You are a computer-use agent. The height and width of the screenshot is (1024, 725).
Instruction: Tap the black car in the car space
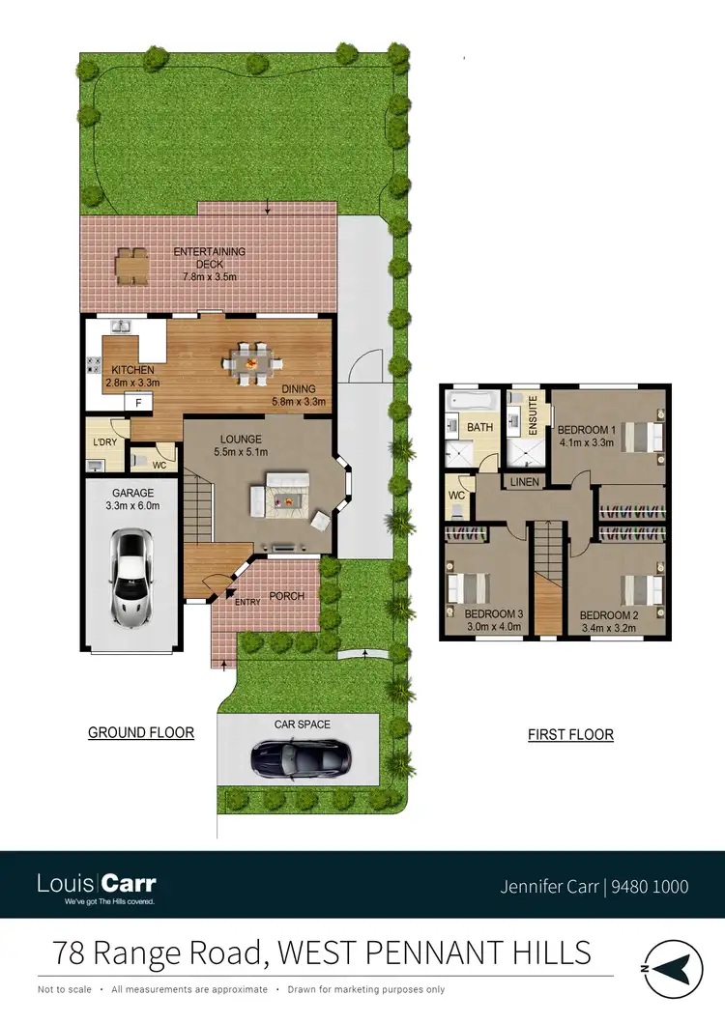click(x=301, y=759)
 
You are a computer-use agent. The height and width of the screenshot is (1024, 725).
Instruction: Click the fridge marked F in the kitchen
click(x=139, y=402)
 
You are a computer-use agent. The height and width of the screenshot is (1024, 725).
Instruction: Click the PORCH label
click(x=286, y=596)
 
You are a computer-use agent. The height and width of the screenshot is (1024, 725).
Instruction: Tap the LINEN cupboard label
click(x=524, y=481)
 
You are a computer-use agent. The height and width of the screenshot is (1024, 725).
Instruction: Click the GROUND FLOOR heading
click(x=141, y=733)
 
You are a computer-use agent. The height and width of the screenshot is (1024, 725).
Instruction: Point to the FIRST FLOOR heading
click(x=570, y=735)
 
